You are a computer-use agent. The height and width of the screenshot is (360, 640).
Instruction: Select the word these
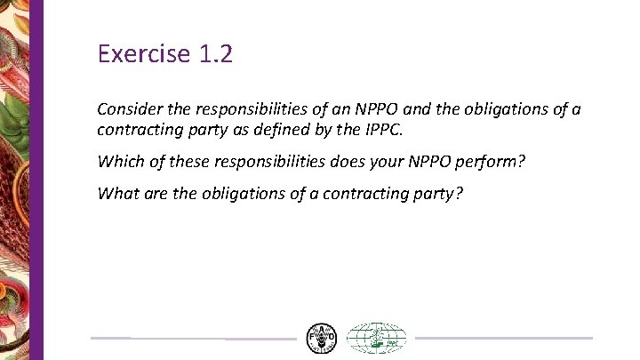pyautogui.click(x=180, y=164)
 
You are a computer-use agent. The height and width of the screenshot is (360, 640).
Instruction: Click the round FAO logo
pyautogui.click(x=321, y=338)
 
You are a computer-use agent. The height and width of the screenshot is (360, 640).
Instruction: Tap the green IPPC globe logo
pyautogui.click(x=375, y=338)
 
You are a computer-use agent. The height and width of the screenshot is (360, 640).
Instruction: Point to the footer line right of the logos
pyautogui.click(x=503, y=338)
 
